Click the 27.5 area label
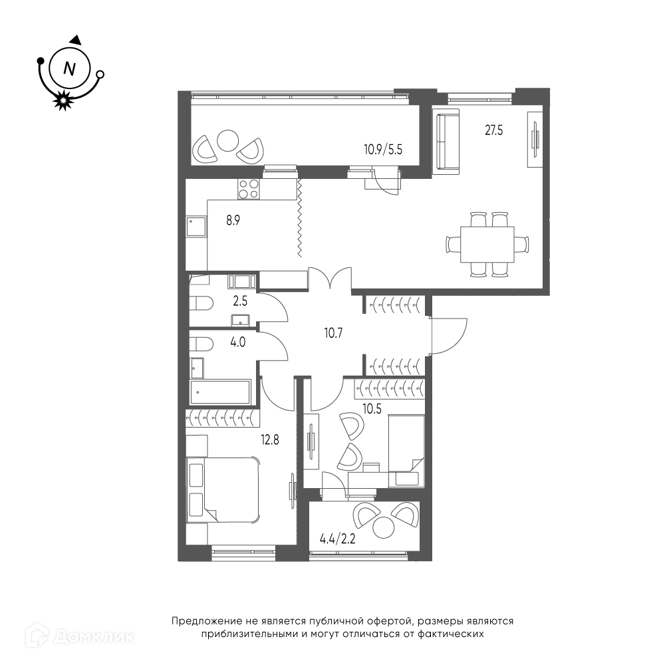pyautogui.click(x=493, y=130)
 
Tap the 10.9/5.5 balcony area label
pyautogui.click(x=382, y=149)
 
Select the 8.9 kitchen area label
pyautogui.click(x=233, y=221)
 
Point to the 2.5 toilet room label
pyautogui.click(x=240, y=301)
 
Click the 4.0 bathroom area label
pyautogui.click(x=238, y=342)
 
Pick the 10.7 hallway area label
pyautogui.click(x=333, y=333)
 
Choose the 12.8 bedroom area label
pyautogui.click(x=270, y=440)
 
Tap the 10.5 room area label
pyautogui.click(x=372, y=408)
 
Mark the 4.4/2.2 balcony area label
pyautogui.click(x=337, y=539)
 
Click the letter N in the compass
pyautogui.click(x=69, y=68)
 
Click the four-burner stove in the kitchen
pyautogui.click(x=249, y=189)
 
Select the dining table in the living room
pyautogui.click(x=487, y=244)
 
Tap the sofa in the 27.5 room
pyautogui.click(x=446, y=141)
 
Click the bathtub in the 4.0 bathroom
pyautogui.click(x=220, y=392)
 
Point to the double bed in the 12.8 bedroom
pyautogui.click(x=223, y=489)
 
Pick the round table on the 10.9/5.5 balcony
pyautogui.click(x=227, y=140)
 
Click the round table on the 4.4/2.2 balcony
pyautogui.click(x=384, y=528)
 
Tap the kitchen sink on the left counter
pyautogui.click(x=196, y=227)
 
